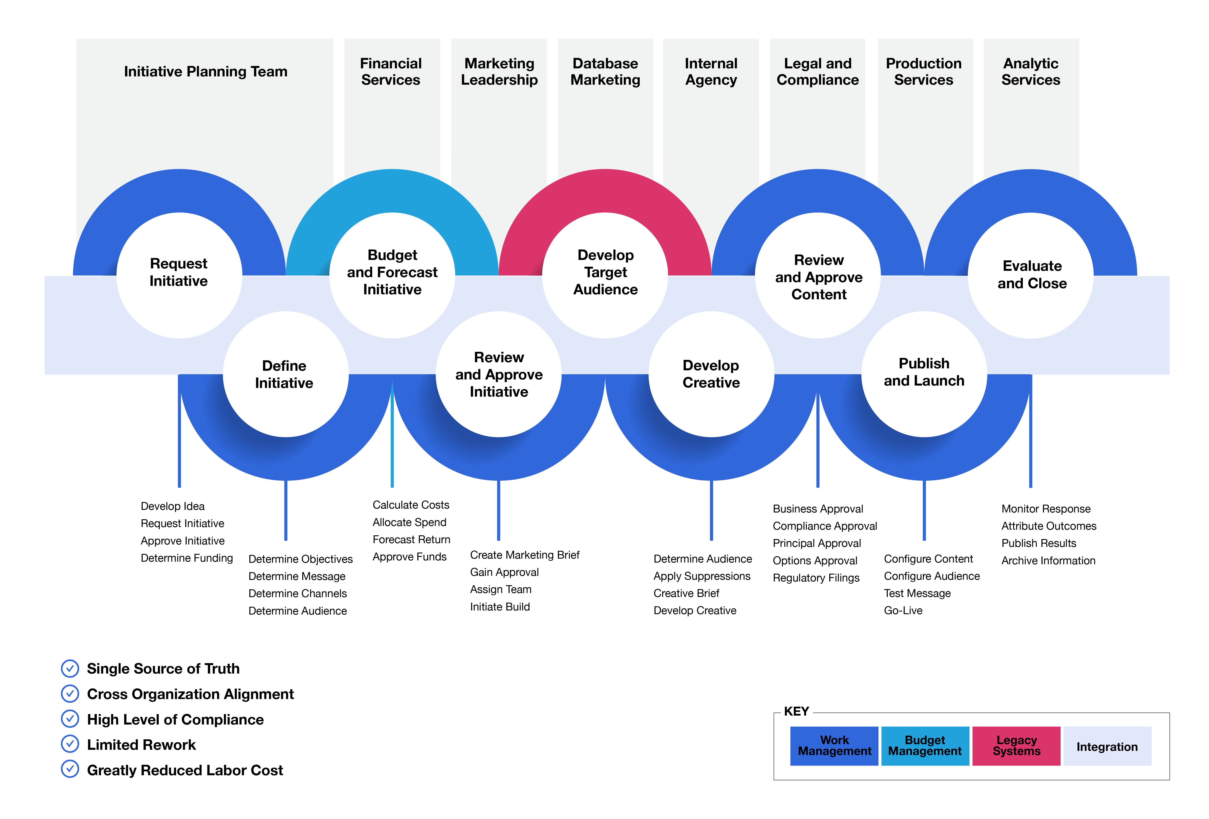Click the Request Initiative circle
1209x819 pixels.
click(179, 275)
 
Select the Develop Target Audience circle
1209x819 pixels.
click(605, 275)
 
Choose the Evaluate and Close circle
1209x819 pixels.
click(1031, 275)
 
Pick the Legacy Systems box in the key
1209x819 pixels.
click(1016, 746)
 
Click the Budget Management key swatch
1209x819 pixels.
click(925, 746)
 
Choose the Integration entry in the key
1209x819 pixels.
click(1107, 746)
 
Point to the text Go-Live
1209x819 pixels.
click(903, 610)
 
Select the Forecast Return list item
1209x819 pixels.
click(411, 540)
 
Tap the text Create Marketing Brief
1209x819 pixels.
click(524, 555)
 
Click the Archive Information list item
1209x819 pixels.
click(1048, 560)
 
